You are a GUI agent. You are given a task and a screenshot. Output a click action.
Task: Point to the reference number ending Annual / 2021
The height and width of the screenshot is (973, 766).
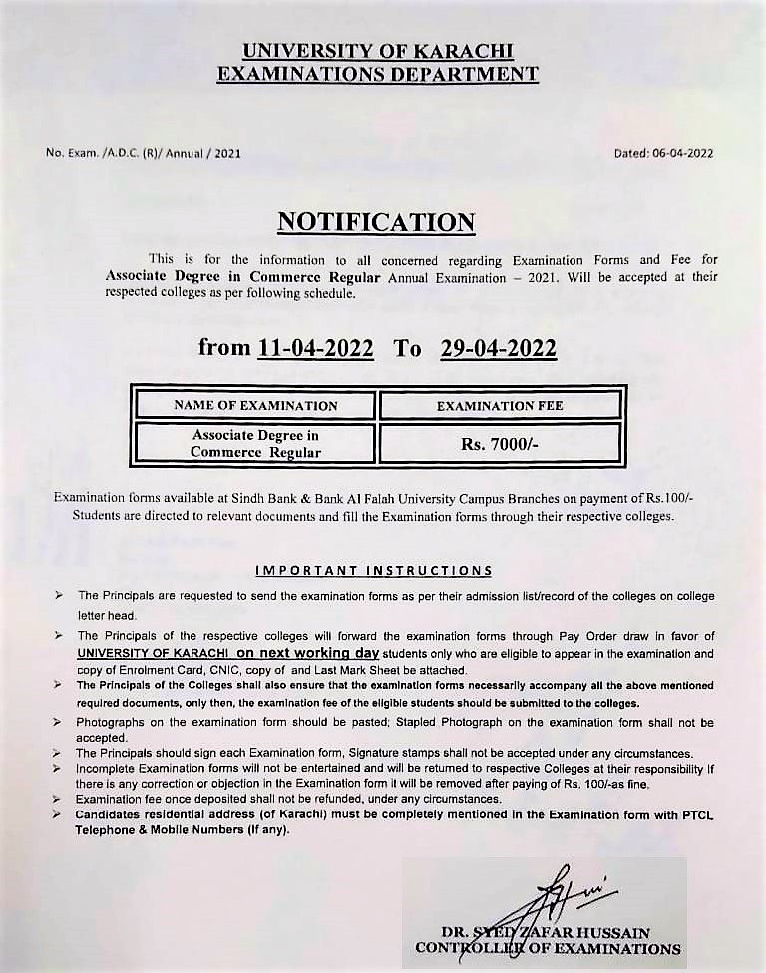coord(143,153)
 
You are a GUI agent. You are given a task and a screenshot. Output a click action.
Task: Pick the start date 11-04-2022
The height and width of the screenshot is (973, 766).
coord(315,348)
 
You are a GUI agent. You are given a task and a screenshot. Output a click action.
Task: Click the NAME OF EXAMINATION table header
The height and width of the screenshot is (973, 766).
coord(255,406)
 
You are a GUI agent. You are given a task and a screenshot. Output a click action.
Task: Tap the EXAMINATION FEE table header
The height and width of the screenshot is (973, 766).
coord(500,406)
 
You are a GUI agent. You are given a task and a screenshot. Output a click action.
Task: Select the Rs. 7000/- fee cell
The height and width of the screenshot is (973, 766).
coord(500,444)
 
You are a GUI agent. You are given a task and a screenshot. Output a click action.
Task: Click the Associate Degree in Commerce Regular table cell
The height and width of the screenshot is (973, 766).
coord(255,444)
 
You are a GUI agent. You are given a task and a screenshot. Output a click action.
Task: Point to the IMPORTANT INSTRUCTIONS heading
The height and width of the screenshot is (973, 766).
coord(374,571)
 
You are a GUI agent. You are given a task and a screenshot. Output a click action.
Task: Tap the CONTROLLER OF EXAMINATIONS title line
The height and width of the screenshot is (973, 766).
coord(548,949)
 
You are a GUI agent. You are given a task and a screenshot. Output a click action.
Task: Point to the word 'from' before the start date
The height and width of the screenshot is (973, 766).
coord(224,348)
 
